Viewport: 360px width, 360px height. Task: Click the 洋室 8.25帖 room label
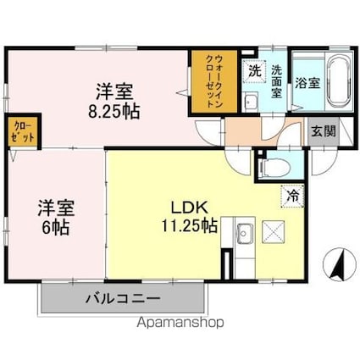coord(114,101)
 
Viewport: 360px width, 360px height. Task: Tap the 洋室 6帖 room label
coord(56,218)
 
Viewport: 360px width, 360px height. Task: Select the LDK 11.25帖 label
coord(189,217)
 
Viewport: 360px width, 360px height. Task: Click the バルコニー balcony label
coord(123,298)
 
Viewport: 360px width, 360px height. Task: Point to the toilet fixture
coord(274,168)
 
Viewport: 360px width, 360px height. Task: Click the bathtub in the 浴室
coord(338,81)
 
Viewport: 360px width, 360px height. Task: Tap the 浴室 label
coord(307,83)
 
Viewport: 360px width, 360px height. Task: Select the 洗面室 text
coord(276,81)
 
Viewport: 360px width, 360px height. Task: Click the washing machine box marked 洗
coord(254,72)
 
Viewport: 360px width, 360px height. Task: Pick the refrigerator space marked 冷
coord(293,197)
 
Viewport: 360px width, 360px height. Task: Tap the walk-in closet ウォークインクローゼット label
coord(214,81)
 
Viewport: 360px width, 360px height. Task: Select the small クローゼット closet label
coord(23,131)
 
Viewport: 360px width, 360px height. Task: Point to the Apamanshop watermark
coord(180,323)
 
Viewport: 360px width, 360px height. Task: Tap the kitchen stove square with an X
coord(274,231)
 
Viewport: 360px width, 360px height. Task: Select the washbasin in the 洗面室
coord(250,102)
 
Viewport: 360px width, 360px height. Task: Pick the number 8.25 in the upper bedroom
coord(105,112)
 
